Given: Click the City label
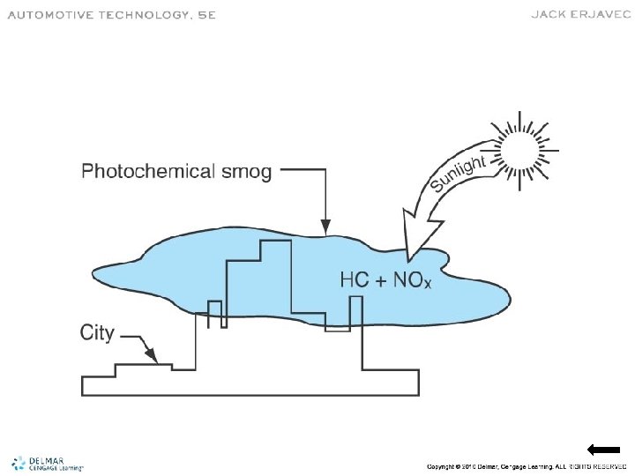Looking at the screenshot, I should (x=97, y=333).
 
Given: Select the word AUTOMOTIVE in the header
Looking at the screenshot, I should (x=51, y=15).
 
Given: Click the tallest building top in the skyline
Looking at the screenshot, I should (x=276, y=241).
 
